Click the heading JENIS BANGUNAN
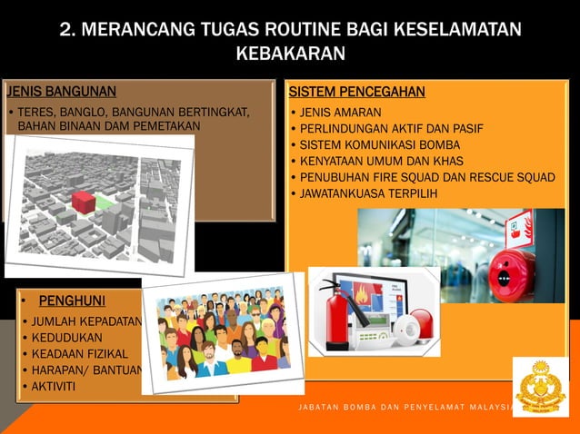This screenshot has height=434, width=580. click(61, 91)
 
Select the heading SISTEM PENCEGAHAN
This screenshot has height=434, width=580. click(356, 92)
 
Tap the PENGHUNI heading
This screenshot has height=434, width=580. click(72, 301)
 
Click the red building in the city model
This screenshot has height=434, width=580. click(83, 202)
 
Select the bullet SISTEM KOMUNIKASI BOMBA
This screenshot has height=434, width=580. click(380, 144)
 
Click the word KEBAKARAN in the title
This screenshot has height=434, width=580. click(290, 54)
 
